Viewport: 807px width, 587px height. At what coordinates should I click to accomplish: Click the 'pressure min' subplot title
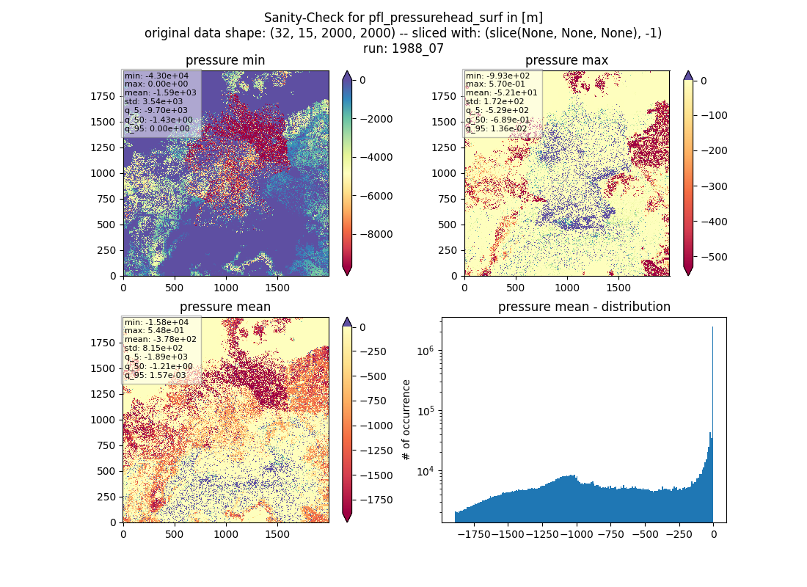(225, 60)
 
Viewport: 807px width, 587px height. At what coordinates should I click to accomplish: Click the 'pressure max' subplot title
(566, 60)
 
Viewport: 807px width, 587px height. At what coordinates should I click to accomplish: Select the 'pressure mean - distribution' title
(584, 307)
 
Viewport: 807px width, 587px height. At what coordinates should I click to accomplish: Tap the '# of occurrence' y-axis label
(406, 420)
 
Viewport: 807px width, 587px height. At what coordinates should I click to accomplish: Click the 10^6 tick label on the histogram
(425, 351)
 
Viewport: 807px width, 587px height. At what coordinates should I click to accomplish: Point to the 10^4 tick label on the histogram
(425, 471)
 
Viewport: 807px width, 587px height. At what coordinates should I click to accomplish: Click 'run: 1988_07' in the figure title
(403, 49)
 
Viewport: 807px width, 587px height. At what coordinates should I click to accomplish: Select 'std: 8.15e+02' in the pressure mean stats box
(153, 348)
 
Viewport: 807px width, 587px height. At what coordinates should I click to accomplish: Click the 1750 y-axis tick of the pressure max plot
(444, 96)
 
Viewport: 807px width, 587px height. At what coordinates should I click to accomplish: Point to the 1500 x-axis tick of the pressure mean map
(277, 534)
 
